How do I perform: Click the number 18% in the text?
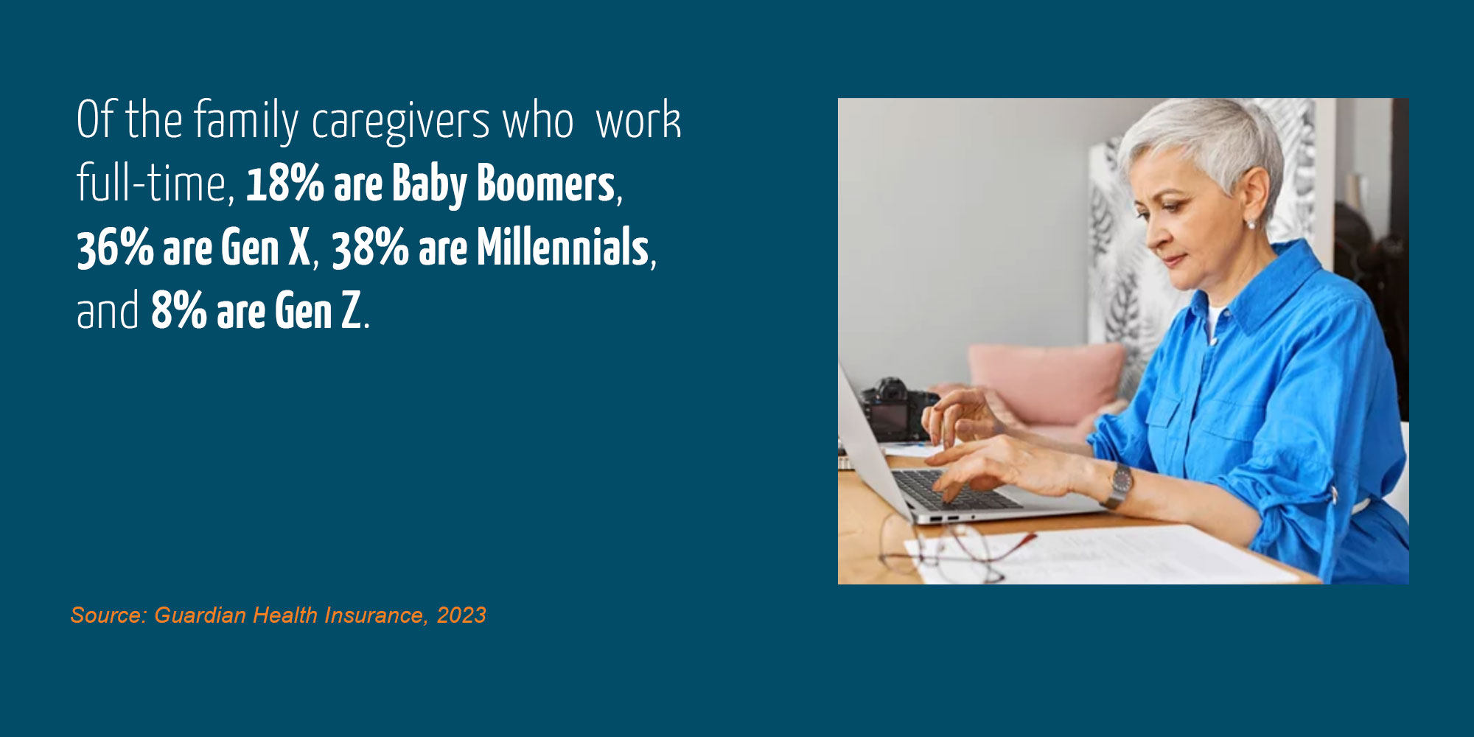[284, 184]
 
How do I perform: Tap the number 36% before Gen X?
[115, 248]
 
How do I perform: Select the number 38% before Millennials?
[370, 248]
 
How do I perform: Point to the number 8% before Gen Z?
[179, 311]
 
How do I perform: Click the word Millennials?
[563, 248]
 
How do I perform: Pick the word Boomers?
[545, 184]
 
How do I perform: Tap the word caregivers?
[400, 121]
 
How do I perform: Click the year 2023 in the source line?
[461, 615]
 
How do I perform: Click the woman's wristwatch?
[1120, 483]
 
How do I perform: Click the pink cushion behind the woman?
[1047, 383]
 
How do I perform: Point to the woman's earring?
[1250, 223]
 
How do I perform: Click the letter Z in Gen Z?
[351, 311]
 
